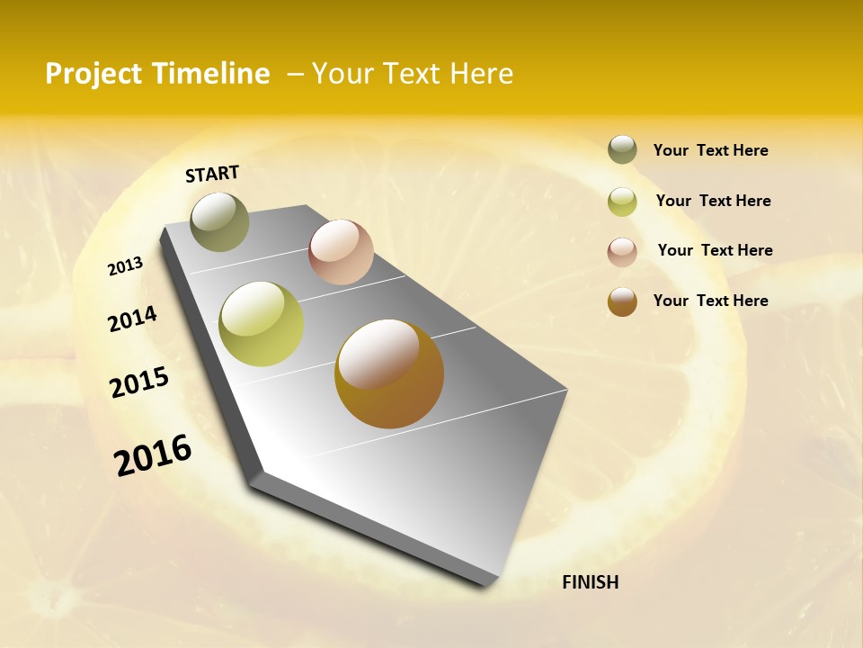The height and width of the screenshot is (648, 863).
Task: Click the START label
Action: pos(212,174)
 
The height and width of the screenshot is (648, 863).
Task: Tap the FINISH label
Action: pos(590,582)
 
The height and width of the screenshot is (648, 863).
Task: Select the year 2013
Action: pos(126,265)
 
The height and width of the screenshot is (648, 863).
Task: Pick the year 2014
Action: pos(132,319)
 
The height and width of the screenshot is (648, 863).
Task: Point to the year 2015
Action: pos(139,382)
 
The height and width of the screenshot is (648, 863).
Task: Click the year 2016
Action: pos(153,455)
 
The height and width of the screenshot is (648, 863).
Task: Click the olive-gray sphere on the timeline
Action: pos(219,221)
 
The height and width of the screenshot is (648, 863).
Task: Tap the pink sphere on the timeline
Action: pos(341,252)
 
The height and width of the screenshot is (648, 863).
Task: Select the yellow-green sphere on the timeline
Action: pos(261,324)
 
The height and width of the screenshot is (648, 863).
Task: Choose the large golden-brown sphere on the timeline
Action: pos(389,373)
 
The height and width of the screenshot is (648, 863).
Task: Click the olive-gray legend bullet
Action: pos(622,150)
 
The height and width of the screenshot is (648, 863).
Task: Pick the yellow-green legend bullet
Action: pos(622,201)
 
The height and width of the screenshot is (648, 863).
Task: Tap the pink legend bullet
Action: pos(622,251)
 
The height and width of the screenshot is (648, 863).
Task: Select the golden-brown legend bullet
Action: pos(622,301)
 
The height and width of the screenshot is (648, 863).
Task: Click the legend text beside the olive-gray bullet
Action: pos(710,151)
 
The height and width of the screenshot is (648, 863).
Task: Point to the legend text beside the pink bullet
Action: pos(715,250)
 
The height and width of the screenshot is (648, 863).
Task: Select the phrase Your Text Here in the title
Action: pos(413,74)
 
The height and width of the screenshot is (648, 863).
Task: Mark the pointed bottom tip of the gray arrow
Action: pos(490,585)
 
